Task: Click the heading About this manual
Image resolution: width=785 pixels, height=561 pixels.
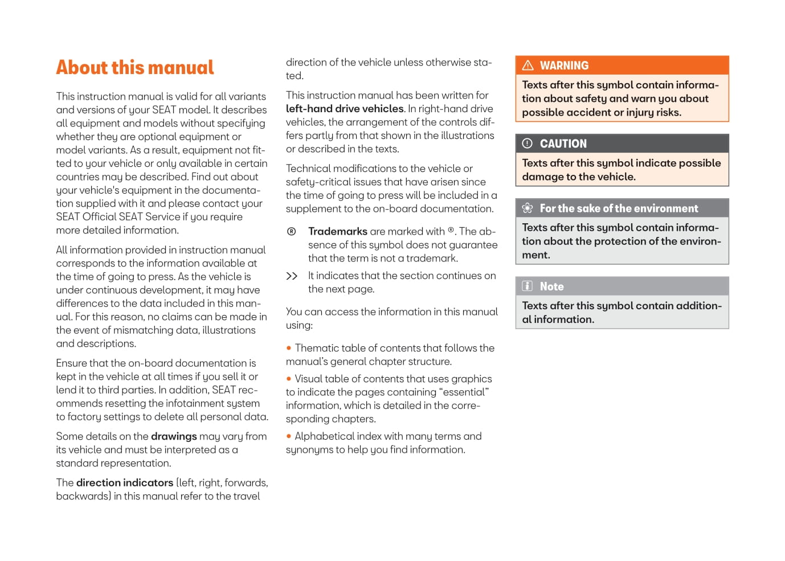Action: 135,68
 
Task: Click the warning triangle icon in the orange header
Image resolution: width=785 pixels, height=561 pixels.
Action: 528,65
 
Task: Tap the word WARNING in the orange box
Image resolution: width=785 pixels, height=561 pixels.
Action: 564,65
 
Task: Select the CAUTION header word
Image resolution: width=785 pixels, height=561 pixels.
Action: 563,144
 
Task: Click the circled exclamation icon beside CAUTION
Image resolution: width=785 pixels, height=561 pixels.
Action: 528,144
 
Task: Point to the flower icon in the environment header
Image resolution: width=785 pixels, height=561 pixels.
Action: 528,208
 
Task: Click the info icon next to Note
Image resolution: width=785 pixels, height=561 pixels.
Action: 528,286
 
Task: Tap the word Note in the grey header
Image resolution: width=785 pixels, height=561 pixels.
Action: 551,286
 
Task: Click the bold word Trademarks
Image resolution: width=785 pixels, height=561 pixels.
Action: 338,231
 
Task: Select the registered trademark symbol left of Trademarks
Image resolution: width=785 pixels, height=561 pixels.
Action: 292,231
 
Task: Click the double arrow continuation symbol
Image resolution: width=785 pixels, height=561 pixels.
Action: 292,276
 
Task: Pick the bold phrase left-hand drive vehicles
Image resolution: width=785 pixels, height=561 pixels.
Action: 345,109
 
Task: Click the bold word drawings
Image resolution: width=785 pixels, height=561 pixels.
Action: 174,436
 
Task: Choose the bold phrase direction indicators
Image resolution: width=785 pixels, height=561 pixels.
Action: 125,483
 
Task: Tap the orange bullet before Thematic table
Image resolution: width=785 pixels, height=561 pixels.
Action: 289,348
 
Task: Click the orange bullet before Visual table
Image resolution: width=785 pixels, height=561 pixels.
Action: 289,379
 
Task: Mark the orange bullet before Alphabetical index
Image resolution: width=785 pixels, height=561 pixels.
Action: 289,436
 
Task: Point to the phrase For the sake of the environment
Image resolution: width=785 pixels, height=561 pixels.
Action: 619,208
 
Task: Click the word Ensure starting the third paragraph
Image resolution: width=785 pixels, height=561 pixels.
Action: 71,363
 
